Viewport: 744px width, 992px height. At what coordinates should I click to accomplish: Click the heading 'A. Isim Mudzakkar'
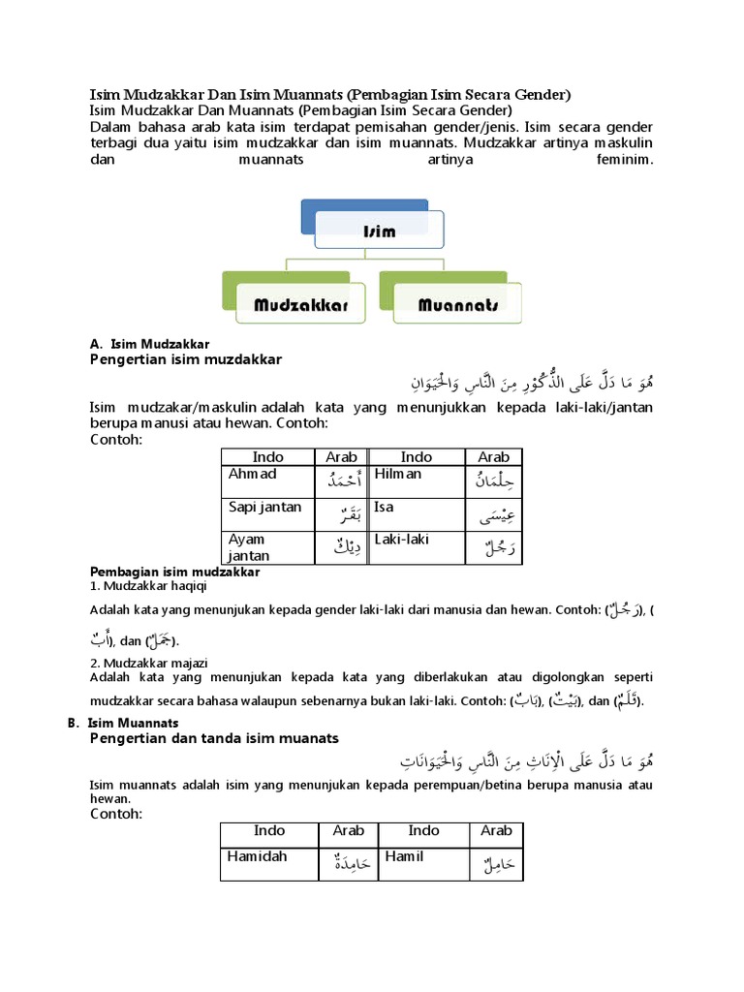pos(149,344)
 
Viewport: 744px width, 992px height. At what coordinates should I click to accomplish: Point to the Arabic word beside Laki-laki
pos(492,549)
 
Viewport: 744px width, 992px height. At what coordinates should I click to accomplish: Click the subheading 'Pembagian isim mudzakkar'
pos(174,573)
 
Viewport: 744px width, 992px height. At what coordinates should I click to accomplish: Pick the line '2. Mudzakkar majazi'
pos(146,663)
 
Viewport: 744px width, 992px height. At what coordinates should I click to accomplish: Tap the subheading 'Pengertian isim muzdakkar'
pos(185,359)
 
